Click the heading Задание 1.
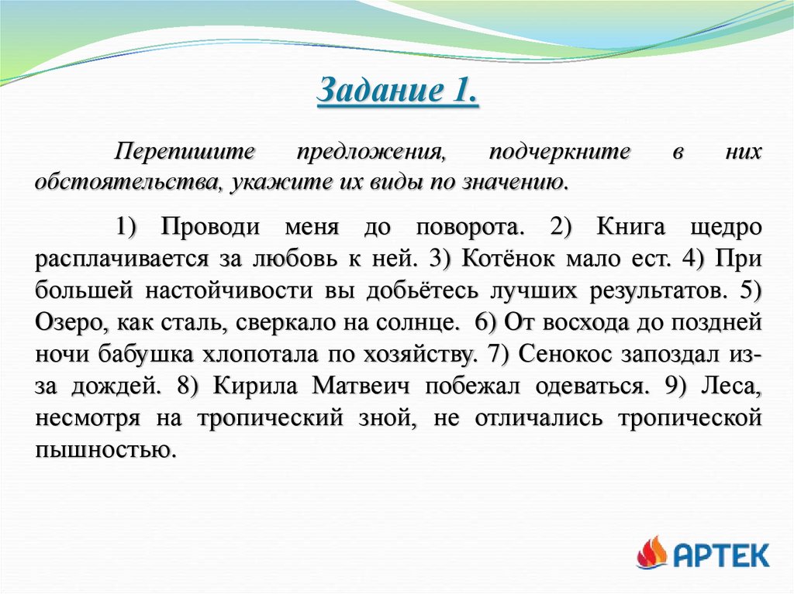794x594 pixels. [397, 94]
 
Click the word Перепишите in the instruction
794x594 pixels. [185, 153]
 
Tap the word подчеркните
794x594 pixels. [559, 153]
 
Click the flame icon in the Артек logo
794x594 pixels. [651, 552]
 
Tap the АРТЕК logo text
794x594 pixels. [722, 555]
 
